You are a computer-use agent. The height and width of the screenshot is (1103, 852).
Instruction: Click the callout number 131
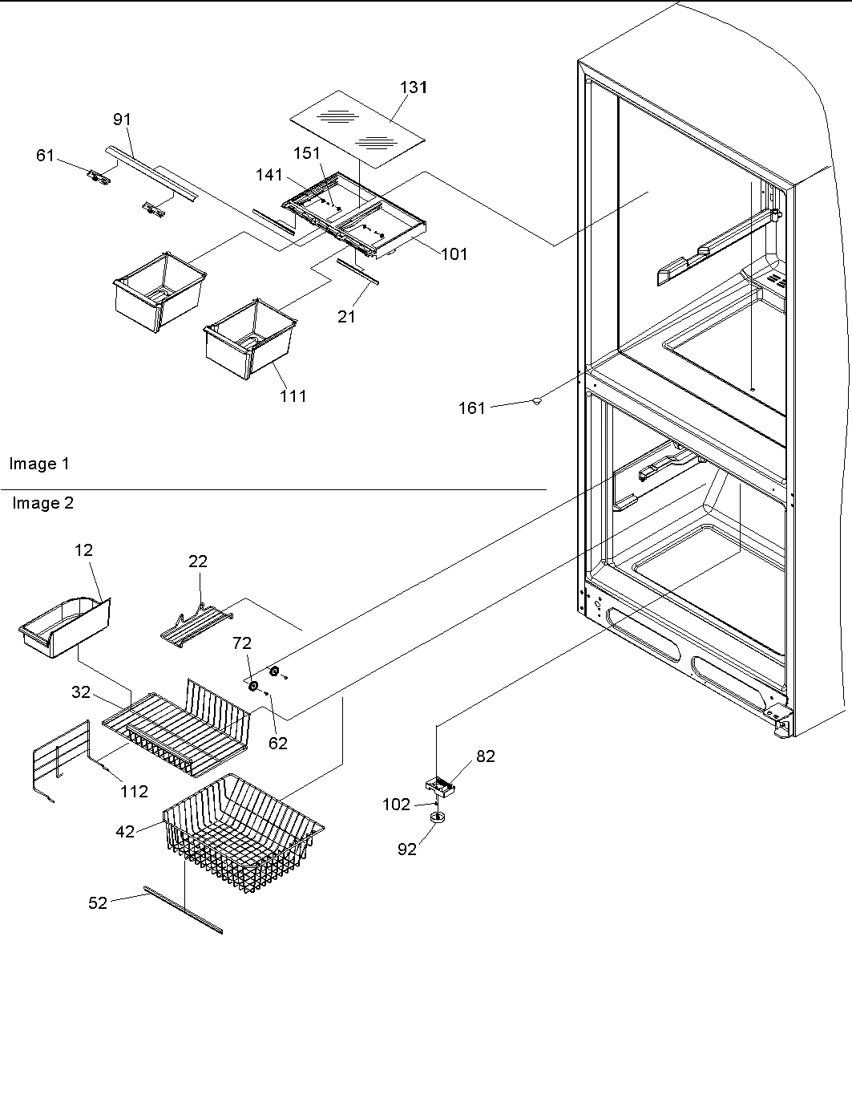coord(414,87)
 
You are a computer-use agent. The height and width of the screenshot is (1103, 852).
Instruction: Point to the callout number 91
coord(122,120)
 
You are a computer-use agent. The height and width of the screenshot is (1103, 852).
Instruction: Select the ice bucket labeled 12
coord(63,627)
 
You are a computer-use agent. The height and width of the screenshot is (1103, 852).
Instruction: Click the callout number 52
coord(98,902)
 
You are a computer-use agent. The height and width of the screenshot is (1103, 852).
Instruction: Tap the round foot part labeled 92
coord(438,817)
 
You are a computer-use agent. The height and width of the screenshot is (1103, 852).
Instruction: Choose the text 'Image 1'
coord(39,464)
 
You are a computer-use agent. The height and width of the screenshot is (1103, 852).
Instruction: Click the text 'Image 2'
coord(42,503)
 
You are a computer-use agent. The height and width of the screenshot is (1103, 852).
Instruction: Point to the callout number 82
coord(486,756)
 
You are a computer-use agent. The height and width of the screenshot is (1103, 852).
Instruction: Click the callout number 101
coord(454,254)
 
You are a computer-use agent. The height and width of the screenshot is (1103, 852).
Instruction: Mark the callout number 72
coord(242,643)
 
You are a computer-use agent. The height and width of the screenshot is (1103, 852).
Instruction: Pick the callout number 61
coord(46,155)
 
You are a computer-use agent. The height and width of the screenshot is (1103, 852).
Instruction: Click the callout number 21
coord(346,317)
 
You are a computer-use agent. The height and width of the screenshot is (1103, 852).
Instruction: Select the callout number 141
coord(269,175)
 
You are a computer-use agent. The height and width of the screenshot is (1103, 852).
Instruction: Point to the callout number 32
coord(81,691)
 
